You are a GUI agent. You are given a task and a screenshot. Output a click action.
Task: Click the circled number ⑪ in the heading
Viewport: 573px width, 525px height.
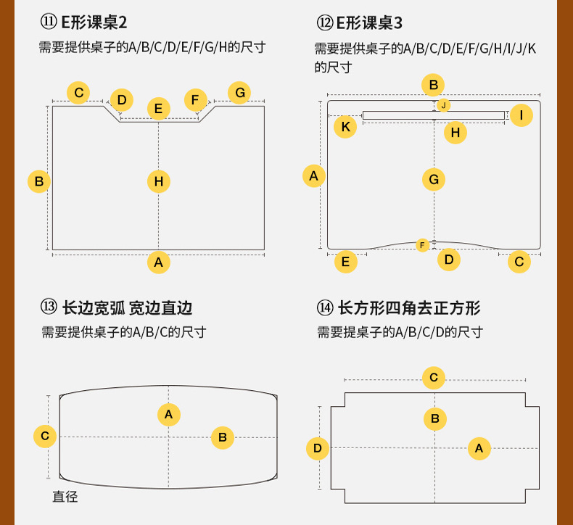[x=49, y=22]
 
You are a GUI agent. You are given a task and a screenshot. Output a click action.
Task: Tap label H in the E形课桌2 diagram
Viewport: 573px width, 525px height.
[x=159, y=181]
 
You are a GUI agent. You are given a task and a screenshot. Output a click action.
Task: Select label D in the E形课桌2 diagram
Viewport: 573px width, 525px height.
[x=122, y=99]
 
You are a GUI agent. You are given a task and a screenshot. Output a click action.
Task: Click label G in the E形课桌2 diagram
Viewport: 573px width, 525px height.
[x=239, y=92]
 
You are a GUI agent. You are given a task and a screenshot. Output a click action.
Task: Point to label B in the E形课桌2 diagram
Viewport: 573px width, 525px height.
[x=39, y=181]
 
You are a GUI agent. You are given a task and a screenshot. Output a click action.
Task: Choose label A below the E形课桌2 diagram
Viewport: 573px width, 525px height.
[x=159, y=262]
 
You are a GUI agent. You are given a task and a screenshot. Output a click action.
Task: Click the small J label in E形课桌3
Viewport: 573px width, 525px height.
[x=443, y=105]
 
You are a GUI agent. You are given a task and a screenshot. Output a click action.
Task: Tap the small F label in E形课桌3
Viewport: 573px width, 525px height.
[x=423, y=245]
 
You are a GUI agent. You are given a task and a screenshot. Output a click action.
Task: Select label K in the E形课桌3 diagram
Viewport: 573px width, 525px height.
[x=345, y=127]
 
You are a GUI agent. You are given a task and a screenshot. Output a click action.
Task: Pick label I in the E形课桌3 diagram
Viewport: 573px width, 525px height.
[x=521, y=115]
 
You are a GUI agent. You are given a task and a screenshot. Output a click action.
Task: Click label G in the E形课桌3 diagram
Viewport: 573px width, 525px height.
[x=434, y=179]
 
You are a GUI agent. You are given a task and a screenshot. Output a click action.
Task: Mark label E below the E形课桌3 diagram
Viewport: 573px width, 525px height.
[x=345, y=261]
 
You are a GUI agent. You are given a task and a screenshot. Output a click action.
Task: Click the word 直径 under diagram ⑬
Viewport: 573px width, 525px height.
[x=65, y=497]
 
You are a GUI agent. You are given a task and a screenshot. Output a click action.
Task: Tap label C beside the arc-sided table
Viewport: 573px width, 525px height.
[x=45, y=436]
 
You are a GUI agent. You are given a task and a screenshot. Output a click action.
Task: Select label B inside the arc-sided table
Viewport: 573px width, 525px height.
[x=222, y=437]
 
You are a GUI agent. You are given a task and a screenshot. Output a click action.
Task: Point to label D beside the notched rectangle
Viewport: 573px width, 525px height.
[x=317, y=448]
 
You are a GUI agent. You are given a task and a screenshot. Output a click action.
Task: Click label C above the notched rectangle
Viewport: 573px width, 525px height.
[x=434, y=377]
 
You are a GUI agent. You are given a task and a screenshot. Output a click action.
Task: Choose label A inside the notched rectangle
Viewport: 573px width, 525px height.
[x=479, y=449]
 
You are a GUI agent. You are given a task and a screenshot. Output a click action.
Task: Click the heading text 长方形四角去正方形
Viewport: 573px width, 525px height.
[x=409, y=308]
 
